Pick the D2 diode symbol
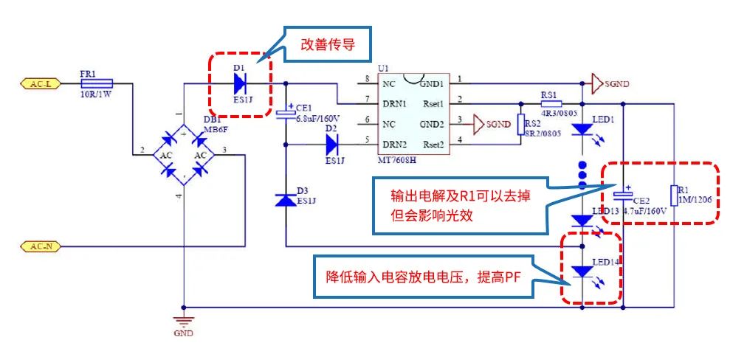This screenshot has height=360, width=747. [x=332, y=144]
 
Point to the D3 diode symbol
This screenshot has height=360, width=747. [x=286, y=200]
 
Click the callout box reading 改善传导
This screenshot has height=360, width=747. [x=328, y=44]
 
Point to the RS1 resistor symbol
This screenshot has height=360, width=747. [x=549, y=103]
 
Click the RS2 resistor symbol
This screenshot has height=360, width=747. [x=520, y=123]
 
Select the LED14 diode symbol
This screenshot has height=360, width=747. [x=582, y=271]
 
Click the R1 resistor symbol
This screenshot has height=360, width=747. [x=674, y=195]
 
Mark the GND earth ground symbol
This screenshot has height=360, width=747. [x=183, y=320]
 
